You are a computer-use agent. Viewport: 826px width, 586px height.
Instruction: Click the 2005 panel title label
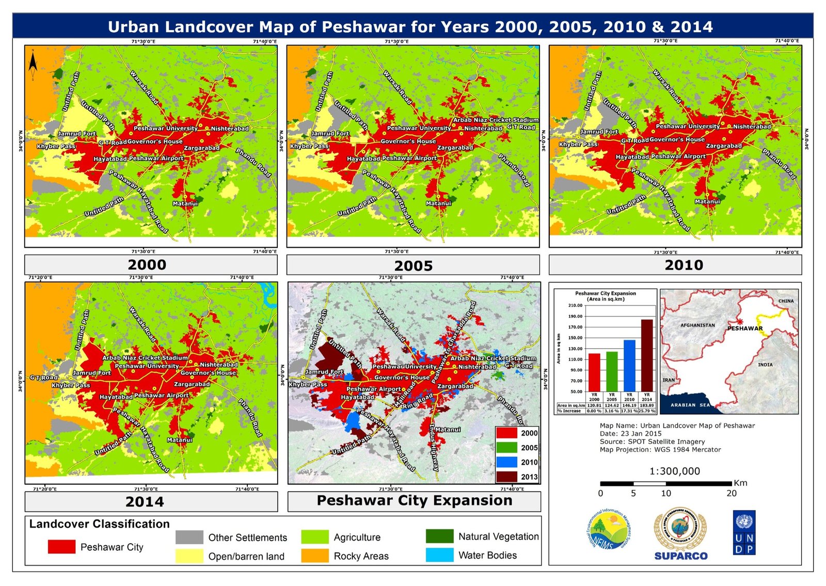(x=413, y=266)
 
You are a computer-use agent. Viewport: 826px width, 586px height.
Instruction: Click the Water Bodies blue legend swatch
(x=439, y=555)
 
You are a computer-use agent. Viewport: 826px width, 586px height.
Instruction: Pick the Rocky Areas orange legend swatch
(x=314, y=556)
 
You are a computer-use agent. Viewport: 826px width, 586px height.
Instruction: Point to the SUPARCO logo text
(x=681, y=556)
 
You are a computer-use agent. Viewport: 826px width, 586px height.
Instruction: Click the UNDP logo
(x=744, y=533)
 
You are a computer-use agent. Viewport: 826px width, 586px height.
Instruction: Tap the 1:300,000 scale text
(x=674, y=471)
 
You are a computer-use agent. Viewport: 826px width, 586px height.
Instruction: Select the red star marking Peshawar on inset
(x=739, y=321)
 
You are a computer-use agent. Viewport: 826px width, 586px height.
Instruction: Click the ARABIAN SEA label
(x=690, y=405)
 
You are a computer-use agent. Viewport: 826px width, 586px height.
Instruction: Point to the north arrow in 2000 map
(x=33, y=63)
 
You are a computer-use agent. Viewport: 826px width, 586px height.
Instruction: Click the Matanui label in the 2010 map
(x=707, y=201)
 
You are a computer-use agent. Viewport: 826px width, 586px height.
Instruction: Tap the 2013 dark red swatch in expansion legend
(x=506, y=477)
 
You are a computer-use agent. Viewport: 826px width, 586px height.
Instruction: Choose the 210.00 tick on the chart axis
(x=575, y=305)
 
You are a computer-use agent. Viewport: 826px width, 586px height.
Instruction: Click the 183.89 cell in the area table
(x=647, y=405)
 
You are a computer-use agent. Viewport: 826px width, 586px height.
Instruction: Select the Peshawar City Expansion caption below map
(x=414, y=500)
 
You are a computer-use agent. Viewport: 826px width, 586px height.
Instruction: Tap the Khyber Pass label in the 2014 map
(x=71, y=385)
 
